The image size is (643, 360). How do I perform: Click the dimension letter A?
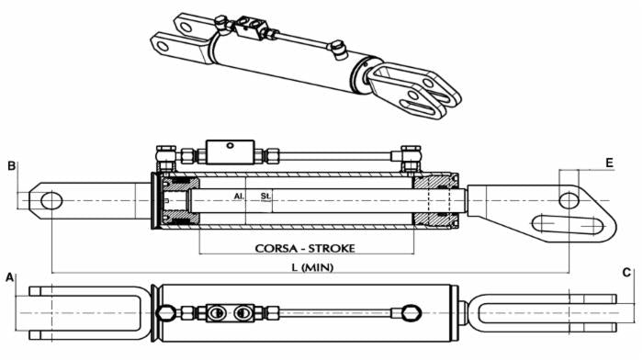tap(9, 277)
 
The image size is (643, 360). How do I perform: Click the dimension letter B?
tap(12, 166)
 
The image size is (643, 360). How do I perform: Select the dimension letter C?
tap(626, 273)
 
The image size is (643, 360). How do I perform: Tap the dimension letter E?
tap(609, 163)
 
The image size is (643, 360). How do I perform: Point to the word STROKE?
tap(332, 249)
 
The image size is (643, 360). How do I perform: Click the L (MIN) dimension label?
tap(312, 268)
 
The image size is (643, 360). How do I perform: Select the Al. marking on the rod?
tap(239, 197)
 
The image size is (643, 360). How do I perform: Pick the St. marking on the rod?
tap(265, 197)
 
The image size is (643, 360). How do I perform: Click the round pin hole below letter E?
tap(569, 200)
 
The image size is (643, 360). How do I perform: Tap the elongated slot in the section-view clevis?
tap(568, 224)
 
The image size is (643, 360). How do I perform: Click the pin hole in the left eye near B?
tap(51, 200)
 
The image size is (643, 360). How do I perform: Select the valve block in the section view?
tap(231, 152)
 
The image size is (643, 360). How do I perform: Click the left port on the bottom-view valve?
tap(217, 314)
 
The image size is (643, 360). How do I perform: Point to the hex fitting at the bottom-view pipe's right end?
tap(412, 313)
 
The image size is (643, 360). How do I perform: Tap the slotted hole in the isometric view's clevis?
tap(417, 105)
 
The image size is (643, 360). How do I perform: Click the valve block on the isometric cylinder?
tap(250, 27)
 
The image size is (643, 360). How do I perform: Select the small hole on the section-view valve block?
tap(230, 145)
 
